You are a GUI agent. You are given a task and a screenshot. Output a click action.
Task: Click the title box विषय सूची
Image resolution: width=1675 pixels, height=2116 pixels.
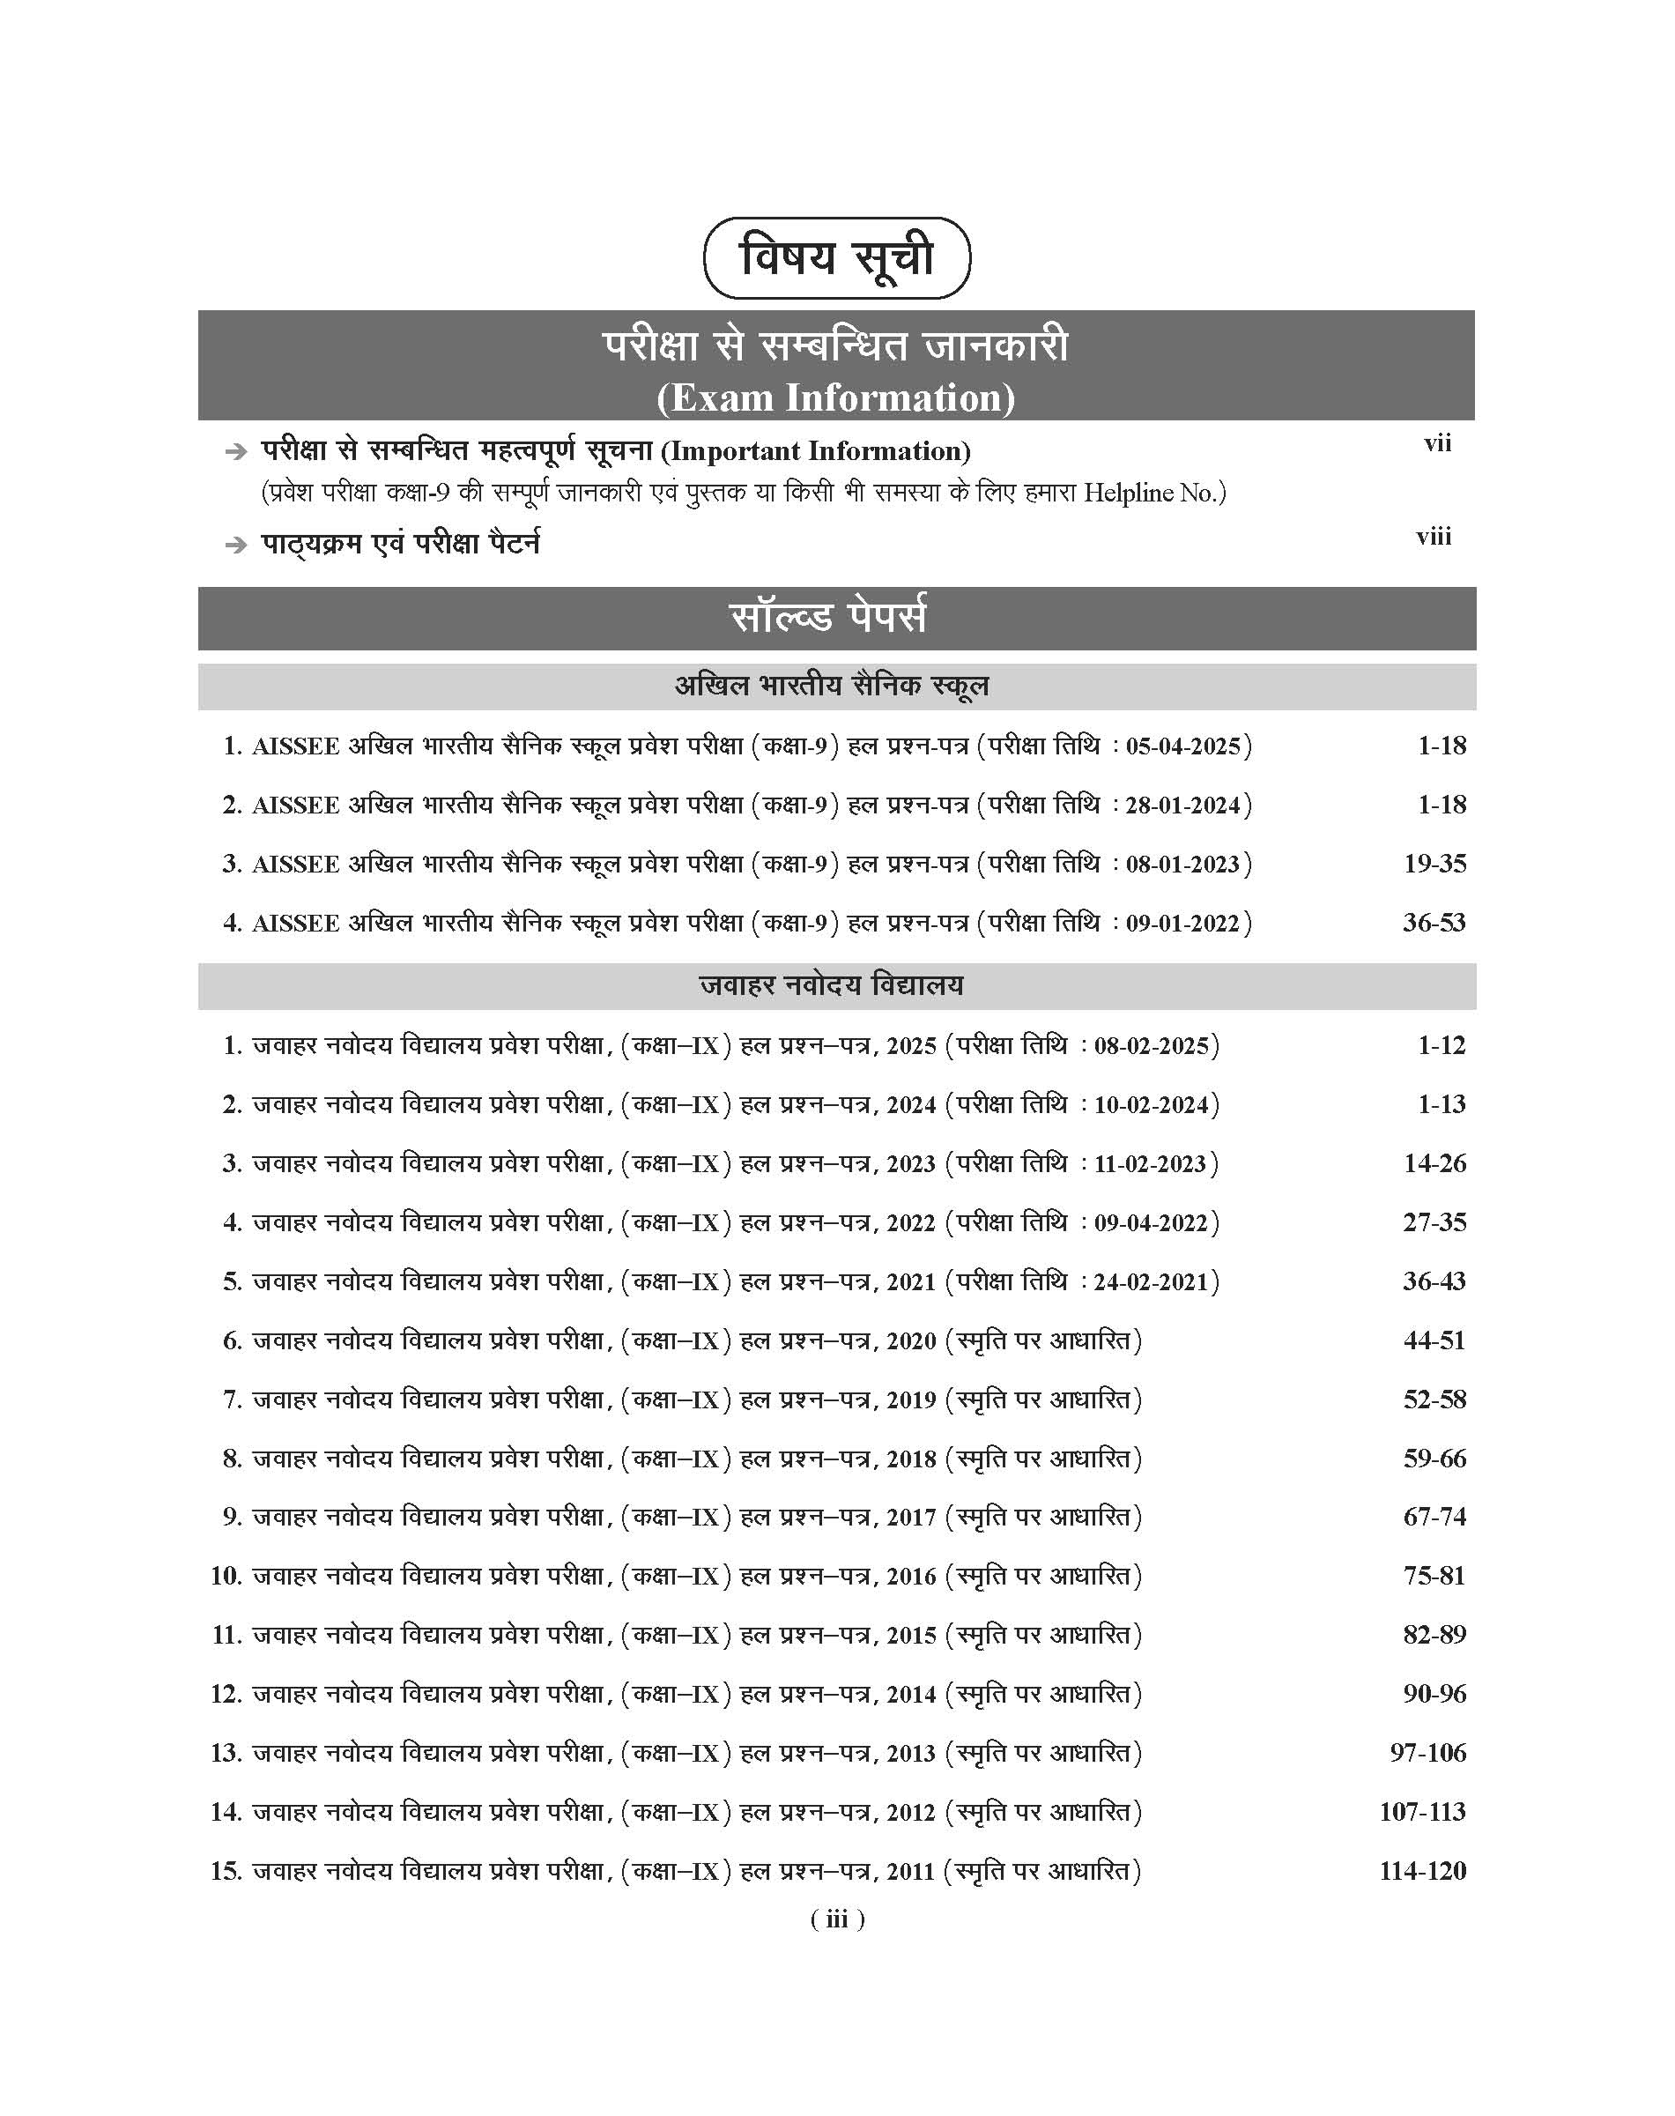point(836,258)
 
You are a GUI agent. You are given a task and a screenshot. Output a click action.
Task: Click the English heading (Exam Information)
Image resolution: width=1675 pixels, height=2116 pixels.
point(835,398)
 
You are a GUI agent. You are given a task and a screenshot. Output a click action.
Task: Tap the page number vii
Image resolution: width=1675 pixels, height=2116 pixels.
point(1437,443)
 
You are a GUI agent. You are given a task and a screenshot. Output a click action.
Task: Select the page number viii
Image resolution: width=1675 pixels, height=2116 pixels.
point(1433,537)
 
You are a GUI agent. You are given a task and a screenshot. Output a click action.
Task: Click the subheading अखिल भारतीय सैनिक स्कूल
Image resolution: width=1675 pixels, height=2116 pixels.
point(832,686)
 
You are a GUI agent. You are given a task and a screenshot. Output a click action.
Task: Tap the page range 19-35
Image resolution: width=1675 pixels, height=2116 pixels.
point(1434,864)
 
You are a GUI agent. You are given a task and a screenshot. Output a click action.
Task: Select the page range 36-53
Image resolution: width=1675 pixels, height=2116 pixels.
point(1434,922)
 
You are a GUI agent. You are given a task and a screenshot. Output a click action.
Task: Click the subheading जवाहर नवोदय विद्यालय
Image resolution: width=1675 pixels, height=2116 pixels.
point(832,985)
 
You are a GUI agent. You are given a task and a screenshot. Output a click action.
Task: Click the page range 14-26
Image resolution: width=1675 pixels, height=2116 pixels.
point(1434,1163)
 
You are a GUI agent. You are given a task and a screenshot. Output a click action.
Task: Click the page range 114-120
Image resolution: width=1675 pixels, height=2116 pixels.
point(1422,1871)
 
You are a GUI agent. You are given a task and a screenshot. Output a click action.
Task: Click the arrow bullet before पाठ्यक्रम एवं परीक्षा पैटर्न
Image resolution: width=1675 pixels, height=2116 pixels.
point(235,546)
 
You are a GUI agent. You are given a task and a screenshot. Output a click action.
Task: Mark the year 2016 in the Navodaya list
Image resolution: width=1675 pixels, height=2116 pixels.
point(911,1577)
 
